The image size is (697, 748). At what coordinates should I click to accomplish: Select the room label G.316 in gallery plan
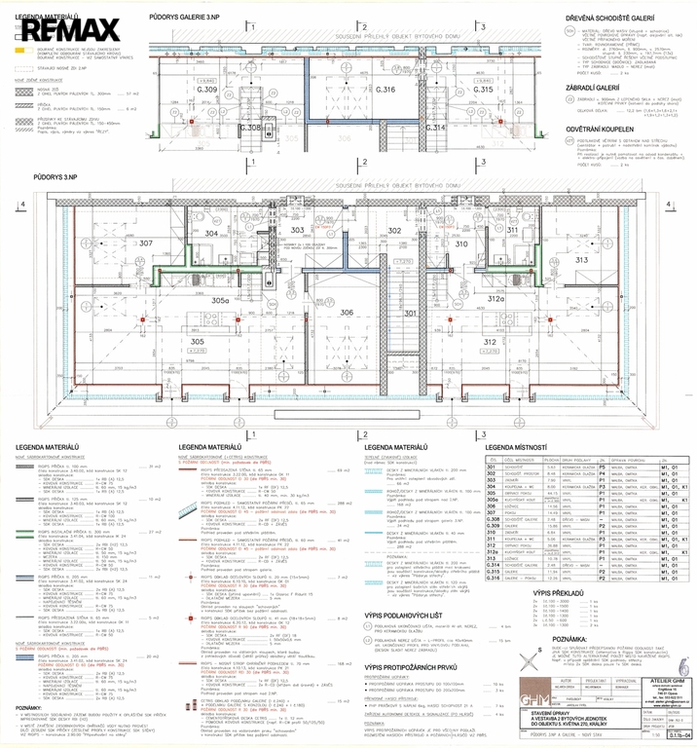385,90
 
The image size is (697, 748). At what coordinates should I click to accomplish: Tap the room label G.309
206,90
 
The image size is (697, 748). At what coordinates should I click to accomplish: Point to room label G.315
485,90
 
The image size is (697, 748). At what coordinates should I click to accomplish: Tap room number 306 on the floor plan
348,313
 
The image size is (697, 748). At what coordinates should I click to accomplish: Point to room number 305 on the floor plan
197,342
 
